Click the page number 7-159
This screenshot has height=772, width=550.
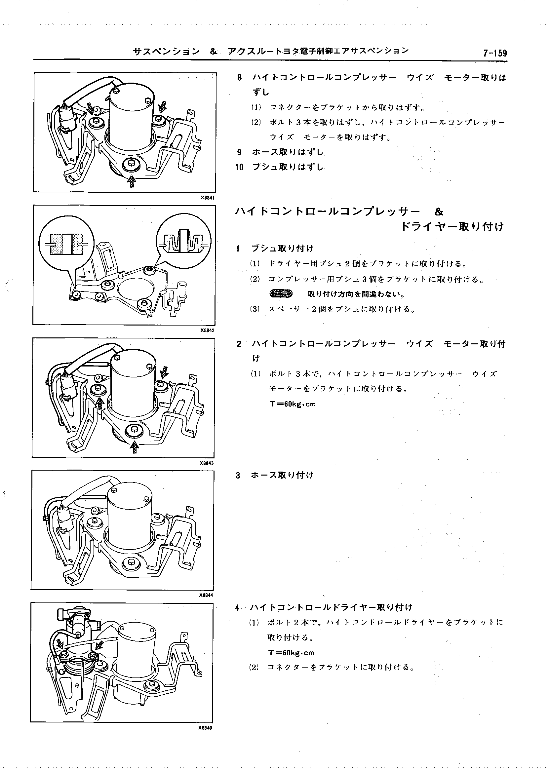point(495,53)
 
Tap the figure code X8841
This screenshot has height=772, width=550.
point(207,197)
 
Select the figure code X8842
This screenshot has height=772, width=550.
point(207,330)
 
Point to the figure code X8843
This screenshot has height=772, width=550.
point(207,463)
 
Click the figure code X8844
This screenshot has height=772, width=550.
point(206,595)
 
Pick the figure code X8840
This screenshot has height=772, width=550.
point(205,728)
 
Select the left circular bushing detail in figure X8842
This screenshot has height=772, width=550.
point(66,244)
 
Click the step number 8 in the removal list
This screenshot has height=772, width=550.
point(239,78)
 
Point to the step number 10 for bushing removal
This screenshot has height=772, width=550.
point(239,167)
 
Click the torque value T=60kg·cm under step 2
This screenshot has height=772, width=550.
point(293,404)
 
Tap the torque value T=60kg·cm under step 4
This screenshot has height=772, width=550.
point(291,652)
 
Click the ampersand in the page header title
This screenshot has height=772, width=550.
point(214,52)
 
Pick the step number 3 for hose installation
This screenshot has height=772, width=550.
point(238,475)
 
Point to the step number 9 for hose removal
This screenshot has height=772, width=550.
point(239,152)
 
